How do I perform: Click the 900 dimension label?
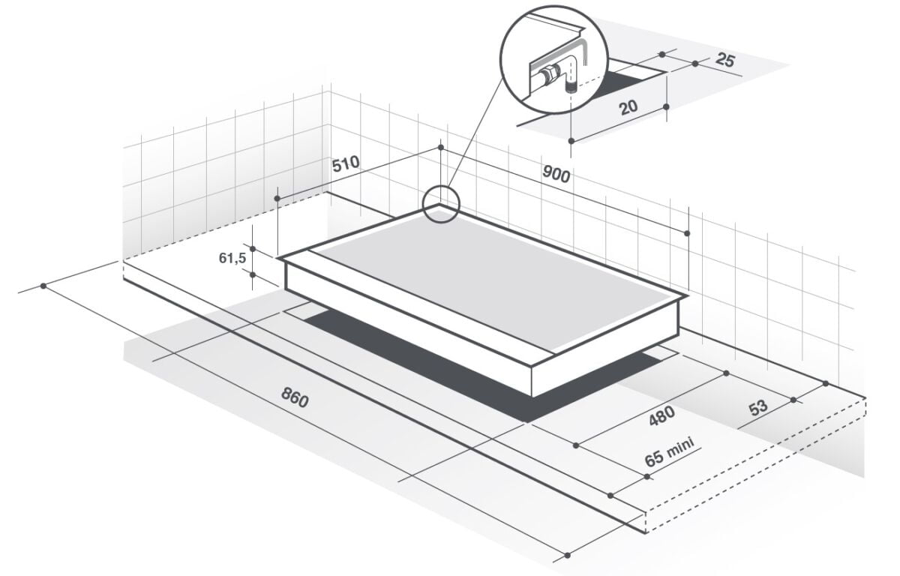pyautogui.click(x=556, y=175)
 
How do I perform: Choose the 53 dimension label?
pyautogui.click(x=758, y=407)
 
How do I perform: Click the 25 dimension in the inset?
pyautogui.click(x=724, y=60)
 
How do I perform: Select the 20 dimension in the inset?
pyautogui.click(x=628, y=107)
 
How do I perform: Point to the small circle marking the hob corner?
pyautogui.click(x=440, y=204)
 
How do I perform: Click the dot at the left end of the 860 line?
pyautogui.click(x=44, y=286)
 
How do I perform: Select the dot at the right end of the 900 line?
pyautogui.click(x=687, y=233)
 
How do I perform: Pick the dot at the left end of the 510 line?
pyautogui.click(x=277, y=198)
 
